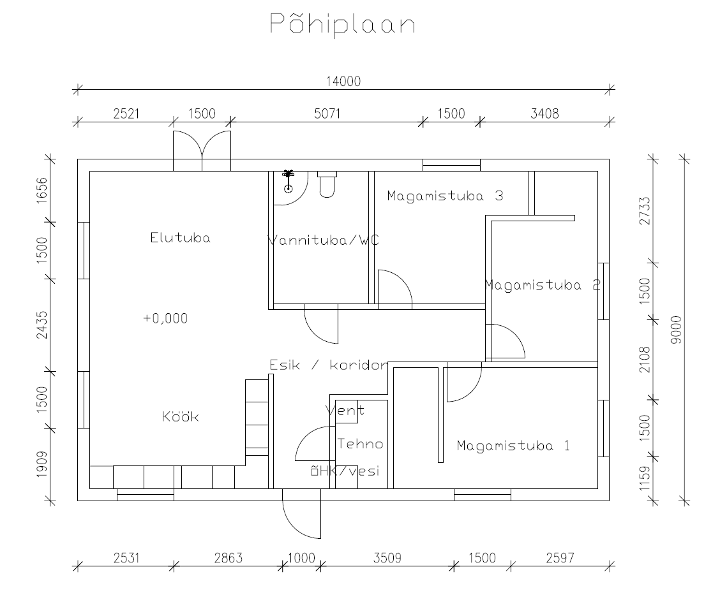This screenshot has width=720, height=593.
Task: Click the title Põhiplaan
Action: (x=343, y=23)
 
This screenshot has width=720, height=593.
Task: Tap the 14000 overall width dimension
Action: (x=343, y=82)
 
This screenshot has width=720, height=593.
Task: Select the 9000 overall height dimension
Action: (x=676, y=329)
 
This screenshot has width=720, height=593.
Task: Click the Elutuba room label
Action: (x=181, y=238)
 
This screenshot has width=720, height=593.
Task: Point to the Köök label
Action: (x=181, y=416)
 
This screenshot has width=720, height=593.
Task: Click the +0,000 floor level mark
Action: (x=166, y=318)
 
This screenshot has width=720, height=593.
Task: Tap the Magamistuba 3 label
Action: (x=445, y=196)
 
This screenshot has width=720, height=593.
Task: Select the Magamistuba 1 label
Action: (x=513, y=445)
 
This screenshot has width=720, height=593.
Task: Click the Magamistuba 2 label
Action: (x=543, y=285)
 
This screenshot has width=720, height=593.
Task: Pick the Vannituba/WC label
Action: (x=323, y=240)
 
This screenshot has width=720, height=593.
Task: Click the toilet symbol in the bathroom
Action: (x=327, y=184)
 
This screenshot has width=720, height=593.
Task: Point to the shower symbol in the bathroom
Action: (x=288, y=180)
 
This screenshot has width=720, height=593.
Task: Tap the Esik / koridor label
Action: (x=329, y=365)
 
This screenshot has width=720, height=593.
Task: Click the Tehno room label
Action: (x=361, y=444)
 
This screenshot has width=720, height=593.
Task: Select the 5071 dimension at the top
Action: (x=327, y=113)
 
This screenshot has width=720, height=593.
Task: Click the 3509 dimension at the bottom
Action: (x=387, y=558)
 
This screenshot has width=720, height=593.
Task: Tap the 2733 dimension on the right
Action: (x=645, y=210)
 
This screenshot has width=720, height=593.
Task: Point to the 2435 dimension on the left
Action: (x=41, y=325)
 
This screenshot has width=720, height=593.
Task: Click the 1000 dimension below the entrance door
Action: (x=301, y=558)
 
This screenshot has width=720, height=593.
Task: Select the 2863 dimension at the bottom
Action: (x=229, y=558)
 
